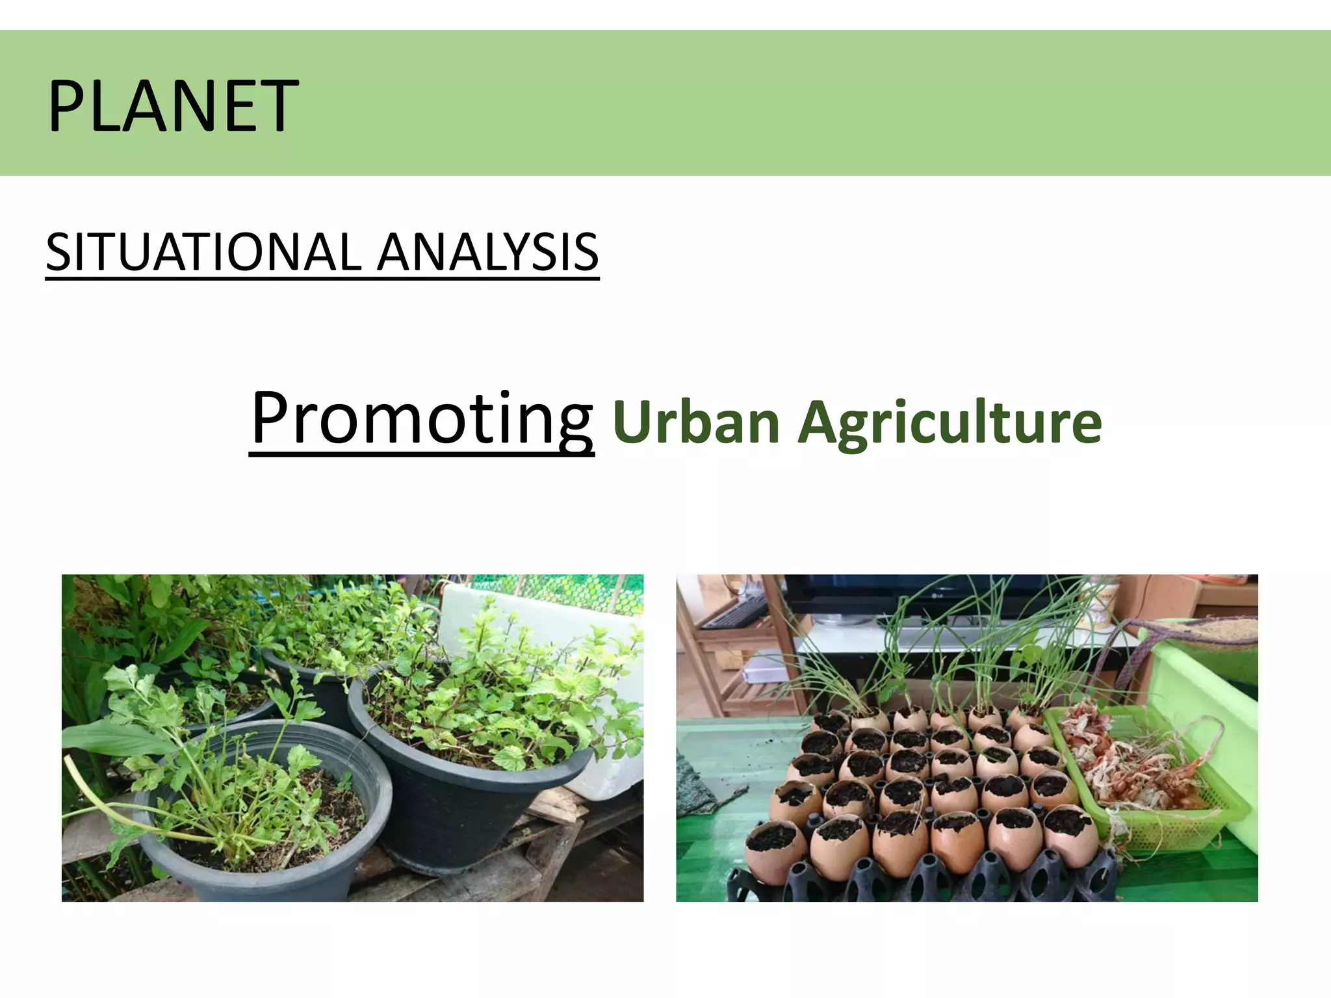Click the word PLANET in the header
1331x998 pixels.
173,105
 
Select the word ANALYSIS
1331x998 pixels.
487,252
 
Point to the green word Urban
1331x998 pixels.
696,422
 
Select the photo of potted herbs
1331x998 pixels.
352,737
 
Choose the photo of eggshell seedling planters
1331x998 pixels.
966,737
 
